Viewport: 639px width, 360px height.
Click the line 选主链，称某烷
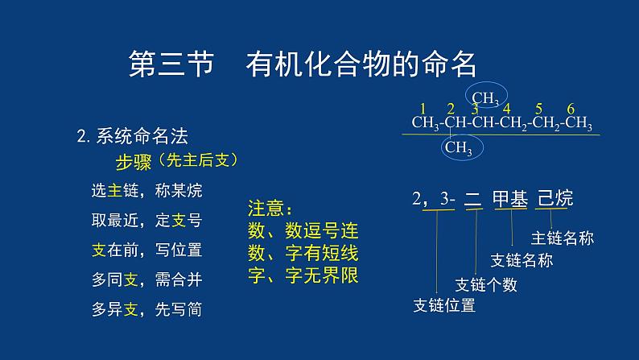click(147, 191)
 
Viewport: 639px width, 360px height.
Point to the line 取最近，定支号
click(147, 220)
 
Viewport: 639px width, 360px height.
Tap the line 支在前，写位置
click(147, 250)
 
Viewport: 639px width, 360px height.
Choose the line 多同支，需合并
click(147, 279)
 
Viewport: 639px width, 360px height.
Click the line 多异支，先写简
click(147, 308)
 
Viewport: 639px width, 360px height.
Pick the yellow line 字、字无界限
click(303, 274)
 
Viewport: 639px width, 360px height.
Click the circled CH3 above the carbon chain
click(485, 98)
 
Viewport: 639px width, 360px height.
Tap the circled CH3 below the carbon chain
click(458, 147)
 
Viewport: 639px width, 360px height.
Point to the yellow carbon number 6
click(571, 109)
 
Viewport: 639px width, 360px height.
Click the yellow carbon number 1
click(423, 109)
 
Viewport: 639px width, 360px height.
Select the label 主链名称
click(563, 238)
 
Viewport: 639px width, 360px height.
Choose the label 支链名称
click(522, 261)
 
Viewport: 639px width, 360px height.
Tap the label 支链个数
click(486, 284)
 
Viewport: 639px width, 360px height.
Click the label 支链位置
click(443, 306)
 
